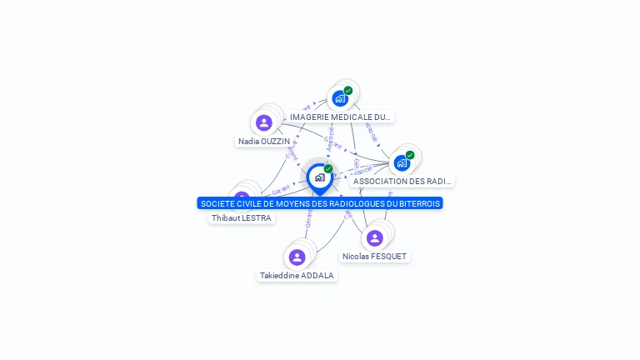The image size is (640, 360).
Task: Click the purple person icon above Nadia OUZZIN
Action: pyautogui.click(x=264, y=123)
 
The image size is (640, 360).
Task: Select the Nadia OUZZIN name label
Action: pyautogui.click(x=263, y=142)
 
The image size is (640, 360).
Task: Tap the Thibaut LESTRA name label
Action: pyautogui.click(x=241, y=218)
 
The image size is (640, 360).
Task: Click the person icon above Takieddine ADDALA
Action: pyautogui.click(x=297, y=257)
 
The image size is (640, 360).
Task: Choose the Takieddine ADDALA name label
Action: pyautogui.click(x=297, y=276)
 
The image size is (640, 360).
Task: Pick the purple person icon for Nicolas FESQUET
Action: pyautogui.click(x=375, y=238)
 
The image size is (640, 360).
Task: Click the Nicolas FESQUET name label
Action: pyautogui.click(x=374, y=257)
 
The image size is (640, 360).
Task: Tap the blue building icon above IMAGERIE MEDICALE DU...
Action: pyautogui.click(x=339, y=99)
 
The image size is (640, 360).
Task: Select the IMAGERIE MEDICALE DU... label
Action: pyautogui.click(x=340, y=117)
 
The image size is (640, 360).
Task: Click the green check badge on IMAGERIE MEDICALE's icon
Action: pyautogui.click(x=348, y=90)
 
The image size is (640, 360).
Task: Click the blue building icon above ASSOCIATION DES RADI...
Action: pyautogui.click(x=402, y=163)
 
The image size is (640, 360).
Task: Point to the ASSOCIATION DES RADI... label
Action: pyautogui.click(x=402, y=182)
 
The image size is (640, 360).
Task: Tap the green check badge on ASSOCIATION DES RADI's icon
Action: pyautogui.click(x=410, y=155)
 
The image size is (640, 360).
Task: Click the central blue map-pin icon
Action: pyautogui.click(x=319, y=177)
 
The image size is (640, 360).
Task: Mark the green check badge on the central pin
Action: pyautogui.click(x=328, y=168)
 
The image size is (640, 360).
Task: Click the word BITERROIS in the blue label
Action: pyautogui.click(x=419, y=203)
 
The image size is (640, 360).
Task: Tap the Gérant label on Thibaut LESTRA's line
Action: pyautogui.click(x=281, y=192)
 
